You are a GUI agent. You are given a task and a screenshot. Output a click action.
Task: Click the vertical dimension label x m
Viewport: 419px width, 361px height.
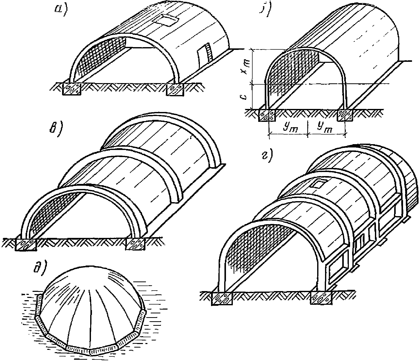(x=244, y=67)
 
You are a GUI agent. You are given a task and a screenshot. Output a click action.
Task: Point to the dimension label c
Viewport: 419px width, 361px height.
(x=244, y=97)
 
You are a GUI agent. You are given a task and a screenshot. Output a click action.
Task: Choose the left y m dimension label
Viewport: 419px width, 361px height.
(x=288, y=129)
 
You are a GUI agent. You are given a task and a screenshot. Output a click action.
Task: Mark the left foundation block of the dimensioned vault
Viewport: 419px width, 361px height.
(x=267, y=115)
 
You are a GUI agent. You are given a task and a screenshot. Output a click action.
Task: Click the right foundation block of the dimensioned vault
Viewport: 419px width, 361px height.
(x=345, y=115)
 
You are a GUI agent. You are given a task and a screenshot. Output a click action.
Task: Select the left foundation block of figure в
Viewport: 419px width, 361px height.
(x=26, y=244)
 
